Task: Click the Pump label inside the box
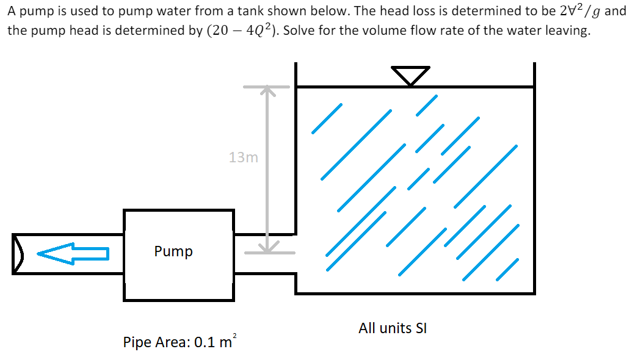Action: pos(173,251)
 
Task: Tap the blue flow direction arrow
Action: pos(73,253)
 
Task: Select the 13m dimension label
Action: pos(244,157)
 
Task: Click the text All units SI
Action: pos(393,328)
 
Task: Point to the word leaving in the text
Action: pos(567,32)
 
